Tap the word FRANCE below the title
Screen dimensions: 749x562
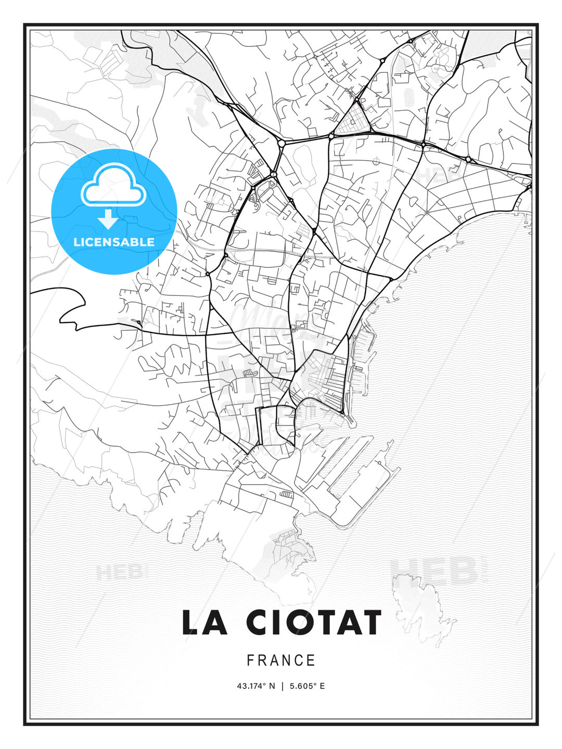pyautogui.click(x=281, y=661)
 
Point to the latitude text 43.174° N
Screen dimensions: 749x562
pyautogui.click(x=256, y=686)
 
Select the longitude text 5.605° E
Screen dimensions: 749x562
pyautogui.click(x=307, y=686)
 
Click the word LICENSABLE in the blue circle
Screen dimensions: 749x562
pyautogui.click(x=114, y=242)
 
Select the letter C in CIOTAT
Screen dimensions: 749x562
pyautogui.click(x=259, y=623)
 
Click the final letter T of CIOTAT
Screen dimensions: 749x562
pyautogui.click(x=369, y=623)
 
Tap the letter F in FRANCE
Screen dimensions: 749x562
pyautogui.click(x=250, y=661)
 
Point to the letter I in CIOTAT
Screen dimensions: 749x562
pyautogui.click(x=277, y=623)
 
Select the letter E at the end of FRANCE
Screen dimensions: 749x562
pyautogui.click(x=312, y=661)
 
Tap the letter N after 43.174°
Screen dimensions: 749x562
pyautogui.click(x=272, y=686)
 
